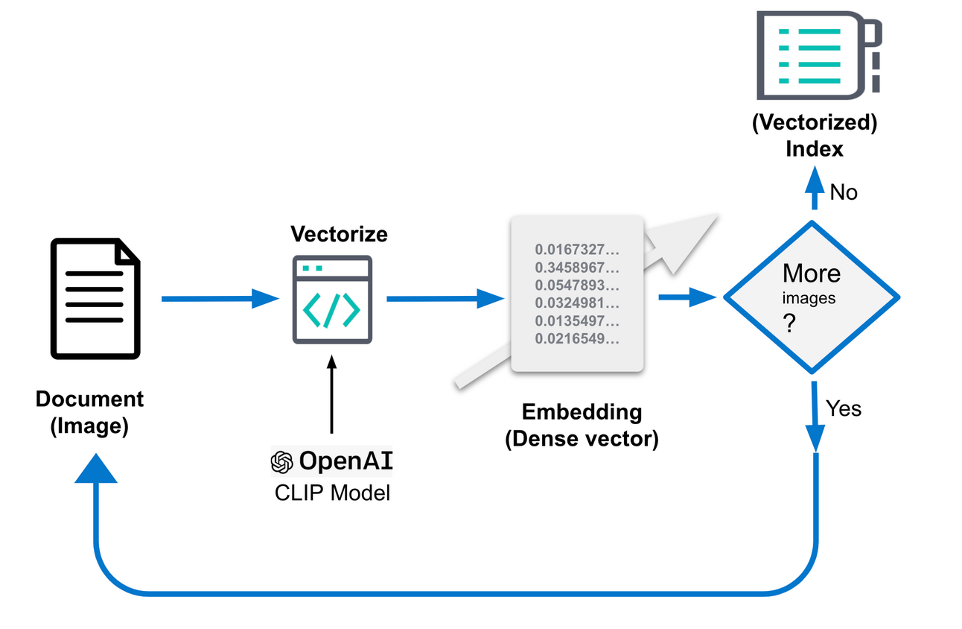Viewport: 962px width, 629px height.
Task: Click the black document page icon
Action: [95, 298]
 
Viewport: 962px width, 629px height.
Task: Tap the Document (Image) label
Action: [89, 412]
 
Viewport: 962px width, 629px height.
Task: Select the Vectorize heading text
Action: [339, 234]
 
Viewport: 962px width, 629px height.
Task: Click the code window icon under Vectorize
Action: [331, 299]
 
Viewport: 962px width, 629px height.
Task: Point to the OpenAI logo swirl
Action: [281, 462]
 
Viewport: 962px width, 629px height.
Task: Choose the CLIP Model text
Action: [332, 493]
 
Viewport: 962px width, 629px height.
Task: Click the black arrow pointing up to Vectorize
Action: [332, 395]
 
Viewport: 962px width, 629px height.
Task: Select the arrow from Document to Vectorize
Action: [220, 299]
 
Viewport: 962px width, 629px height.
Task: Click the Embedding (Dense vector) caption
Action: [582, 425]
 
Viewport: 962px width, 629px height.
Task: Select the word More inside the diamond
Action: [812, 274]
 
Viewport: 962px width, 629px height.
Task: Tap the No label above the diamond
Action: [844, 193]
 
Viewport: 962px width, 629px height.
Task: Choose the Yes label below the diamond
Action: [844, 408]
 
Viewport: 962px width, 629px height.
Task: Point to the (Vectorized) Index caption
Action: [815, 136]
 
